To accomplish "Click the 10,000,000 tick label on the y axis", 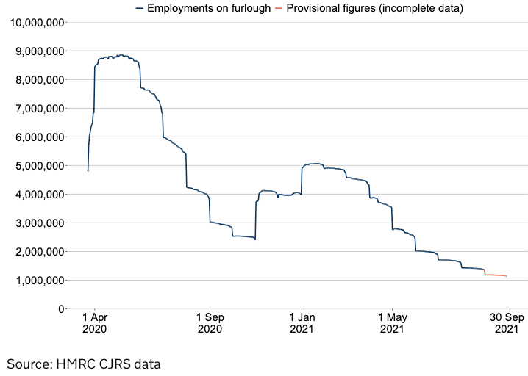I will pyautogui.click(x=35, y=22).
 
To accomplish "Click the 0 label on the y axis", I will pyautogui.click(x=60, y=308).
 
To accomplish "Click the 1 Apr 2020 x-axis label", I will pyautogui.click(x=95, y=324).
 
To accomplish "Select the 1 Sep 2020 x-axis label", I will pyautogui.click(x=210, y=324).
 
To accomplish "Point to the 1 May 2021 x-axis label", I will pyautogui.click(x=392, y=324).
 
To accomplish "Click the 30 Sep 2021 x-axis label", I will pyautogui.click(x=506, y=324).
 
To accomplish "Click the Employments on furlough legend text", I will pyautogui.click(x=209, y=8).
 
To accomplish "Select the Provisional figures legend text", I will pyautogui.click(x=375, y=8).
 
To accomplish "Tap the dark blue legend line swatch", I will pyautogui.click(x=140, y=8).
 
